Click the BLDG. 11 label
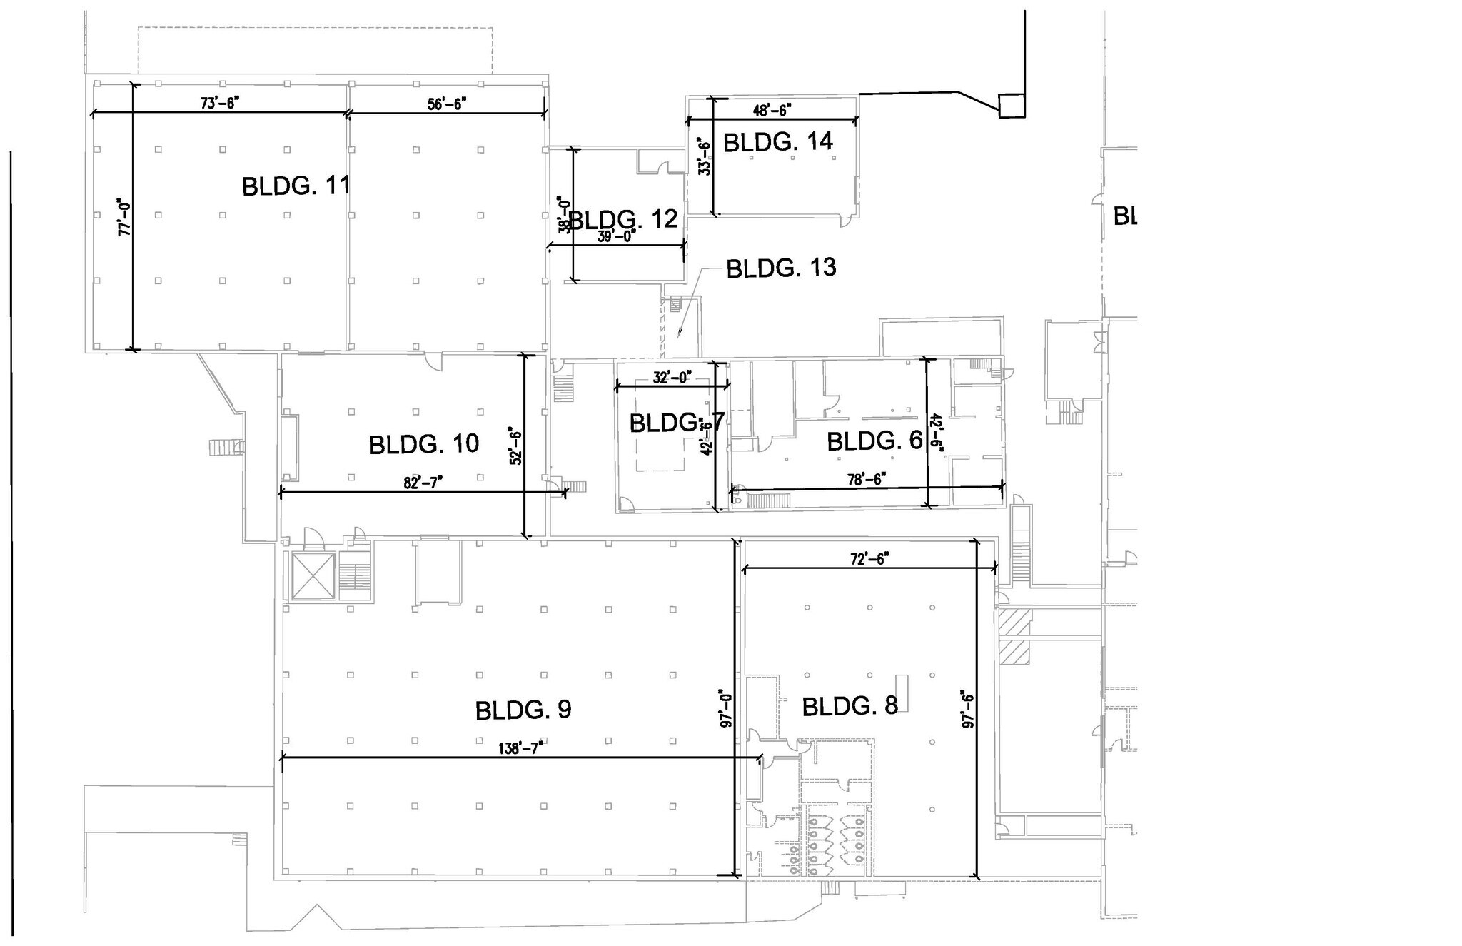[296, 186]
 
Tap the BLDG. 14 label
[778, 141]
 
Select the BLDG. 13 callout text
[781, 268]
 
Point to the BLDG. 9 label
[523, 710]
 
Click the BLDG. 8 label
[850, 707]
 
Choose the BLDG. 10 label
[424, 444]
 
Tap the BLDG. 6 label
[874, 441]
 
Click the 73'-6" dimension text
[219, 103]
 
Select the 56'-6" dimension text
[447, 104]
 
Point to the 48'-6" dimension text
[772, 110]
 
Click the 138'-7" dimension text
[521, 748]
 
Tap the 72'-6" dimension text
[868, 559]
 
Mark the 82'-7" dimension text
[423, 482]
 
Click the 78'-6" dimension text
[867, 479]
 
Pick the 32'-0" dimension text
[672, 377]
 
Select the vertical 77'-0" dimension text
[124, 217]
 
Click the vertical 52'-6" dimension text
[515, 446]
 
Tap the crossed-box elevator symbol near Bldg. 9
[313, 576]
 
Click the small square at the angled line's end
[1012, 105]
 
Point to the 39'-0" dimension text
[616, 236]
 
